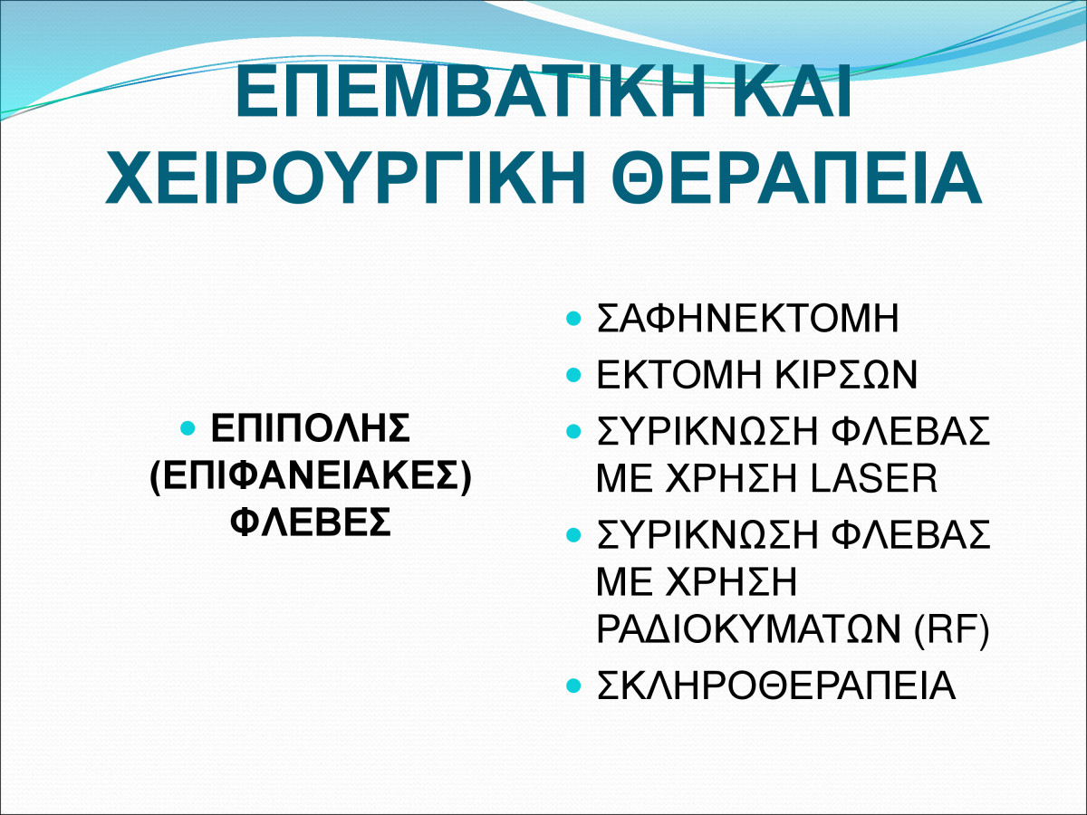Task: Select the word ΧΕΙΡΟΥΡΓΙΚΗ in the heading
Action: coord(345,177)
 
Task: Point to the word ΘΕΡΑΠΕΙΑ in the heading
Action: coord(799,177)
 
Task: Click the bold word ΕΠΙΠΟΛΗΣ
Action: coord(311,427)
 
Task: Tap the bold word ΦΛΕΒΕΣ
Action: coord(311,523)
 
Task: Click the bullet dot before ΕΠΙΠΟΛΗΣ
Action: coord(188,427)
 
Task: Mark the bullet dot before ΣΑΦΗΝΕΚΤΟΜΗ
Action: coord(573,318)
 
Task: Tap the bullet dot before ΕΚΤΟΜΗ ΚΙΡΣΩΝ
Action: coord(573,375)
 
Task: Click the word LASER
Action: coord(874,478)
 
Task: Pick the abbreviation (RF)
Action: coord(951,629)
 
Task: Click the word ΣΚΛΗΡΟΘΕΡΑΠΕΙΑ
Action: coord(776,686)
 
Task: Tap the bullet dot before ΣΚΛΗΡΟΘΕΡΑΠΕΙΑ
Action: coord(573,686)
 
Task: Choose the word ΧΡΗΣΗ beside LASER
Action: coord(731,478)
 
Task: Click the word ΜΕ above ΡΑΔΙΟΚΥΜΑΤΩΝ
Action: coord(624,582)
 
